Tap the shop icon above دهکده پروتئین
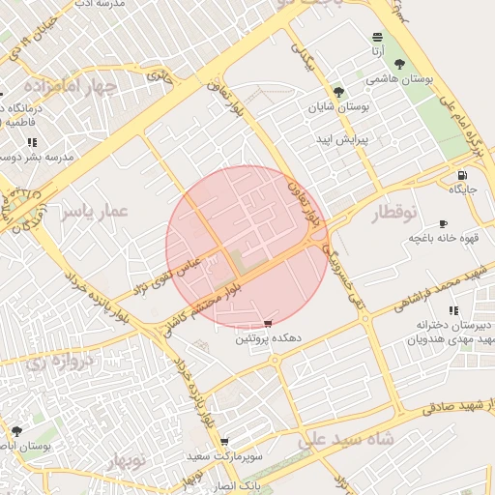(268, 323)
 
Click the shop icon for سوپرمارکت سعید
(224, 440)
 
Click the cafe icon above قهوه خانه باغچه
(443, 222)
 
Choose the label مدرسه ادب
(96, 4)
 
